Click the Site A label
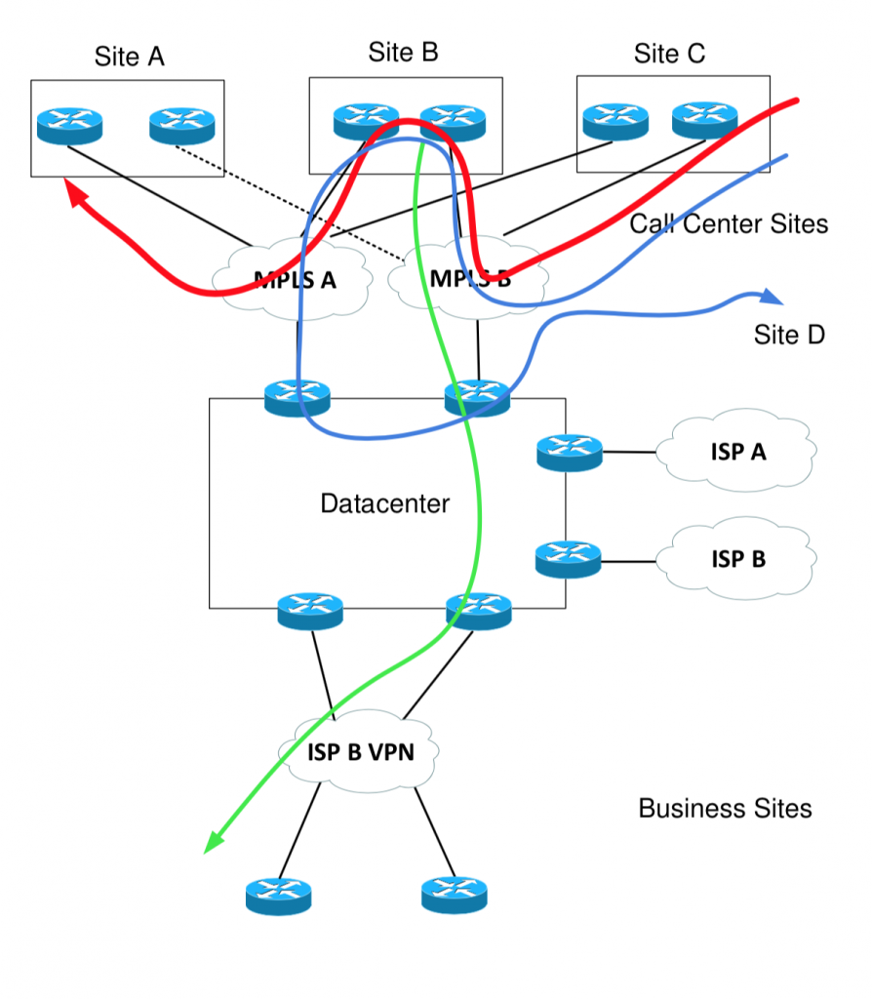coord(129,57)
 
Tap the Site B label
coord(403,53)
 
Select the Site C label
coord(669,54)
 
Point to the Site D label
coord(789,336)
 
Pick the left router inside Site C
coord(615,121)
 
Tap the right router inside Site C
coord(704,121)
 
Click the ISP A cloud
coord(737,453)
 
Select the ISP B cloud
coord(737,560)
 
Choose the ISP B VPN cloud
coord(358,752)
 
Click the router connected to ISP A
coord(569,453)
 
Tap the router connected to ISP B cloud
coord(569,559)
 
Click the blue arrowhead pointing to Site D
coord(770,297)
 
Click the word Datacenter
coord(385,503)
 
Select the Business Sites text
coord(725,808)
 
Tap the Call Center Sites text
coord(728,224)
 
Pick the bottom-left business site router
coord(278,895)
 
